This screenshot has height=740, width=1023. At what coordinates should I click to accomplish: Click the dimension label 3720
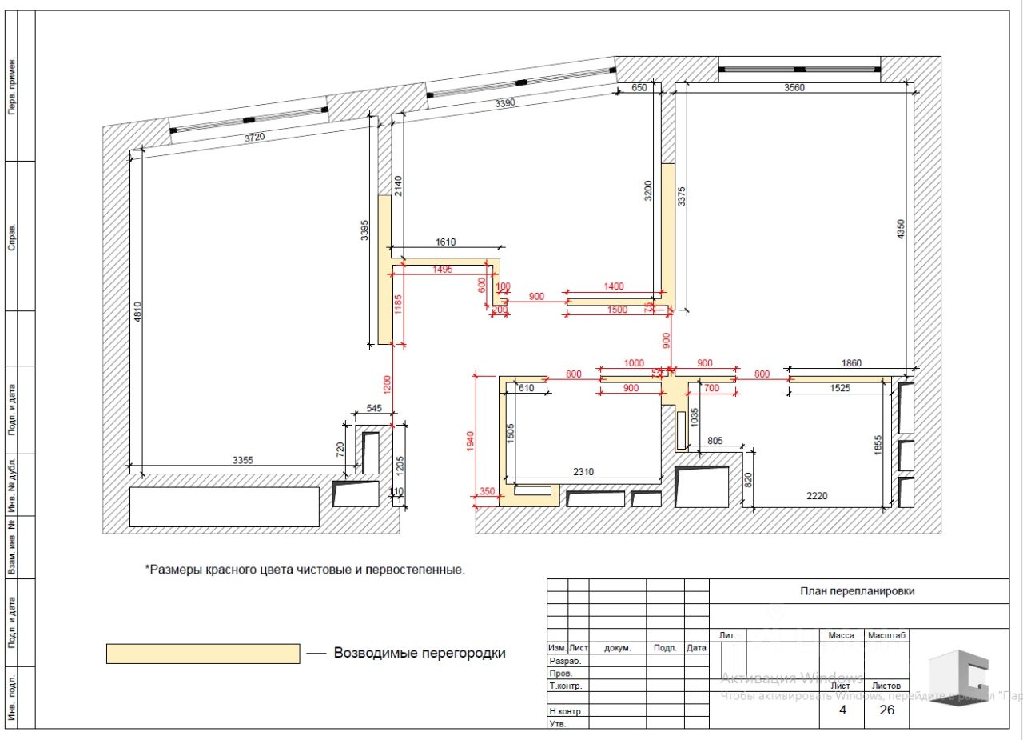(x=253, y=138)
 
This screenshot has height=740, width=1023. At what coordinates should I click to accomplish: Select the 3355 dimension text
(x=243, y=460)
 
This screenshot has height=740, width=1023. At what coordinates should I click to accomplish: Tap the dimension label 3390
(x=505, y=103)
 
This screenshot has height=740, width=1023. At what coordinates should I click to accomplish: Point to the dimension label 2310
(x=583, y=472)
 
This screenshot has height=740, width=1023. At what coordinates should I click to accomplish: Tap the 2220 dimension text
(x=817, y=496)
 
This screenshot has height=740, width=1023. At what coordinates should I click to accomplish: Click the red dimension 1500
(x=618, y=310)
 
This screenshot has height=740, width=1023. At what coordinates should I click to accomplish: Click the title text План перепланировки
(x=858, y=591)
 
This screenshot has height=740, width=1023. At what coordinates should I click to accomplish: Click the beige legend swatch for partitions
(x=203, y=654)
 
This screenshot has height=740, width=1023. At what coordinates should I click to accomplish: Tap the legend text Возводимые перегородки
(x=420, y=653)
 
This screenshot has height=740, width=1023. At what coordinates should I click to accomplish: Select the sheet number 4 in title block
(x=842, y=709)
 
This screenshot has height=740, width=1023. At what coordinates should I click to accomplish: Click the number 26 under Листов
(x=886, y=709)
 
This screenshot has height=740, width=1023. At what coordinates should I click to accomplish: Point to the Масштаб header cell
(x=887, y=635)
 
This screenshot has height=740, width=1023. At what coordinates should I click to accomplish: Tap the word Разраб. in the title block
(x=565, y=661)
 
